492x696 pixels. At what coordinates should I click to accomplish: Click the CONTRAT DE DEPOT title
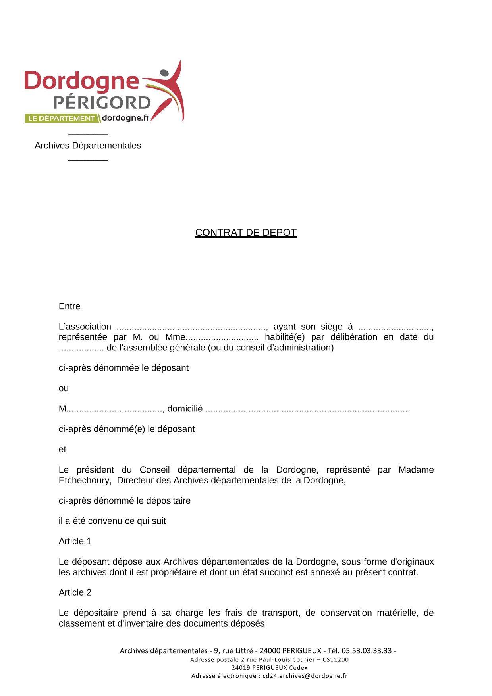click(x=246, y=233)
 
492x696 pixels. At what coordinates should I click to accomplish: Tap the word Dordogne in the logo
click(x=81, y=81)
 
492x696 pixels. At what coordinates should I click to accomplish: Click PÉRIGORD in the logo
click(x=102, y=103)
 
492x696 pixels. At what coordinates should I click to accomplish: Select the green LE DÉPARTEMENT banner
click(x=61, y=118)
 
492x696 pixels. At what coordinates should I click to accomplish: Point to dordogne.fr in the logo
click(x=125, y=118)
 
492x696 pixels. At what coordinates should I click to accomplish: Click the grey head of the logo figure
click(x=164, y=73)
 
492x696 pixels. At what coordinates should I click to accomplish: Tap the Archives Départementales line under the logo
click(x=88, y=146)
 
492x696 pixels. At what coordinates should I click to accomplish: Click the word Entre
click(x=69, y=306)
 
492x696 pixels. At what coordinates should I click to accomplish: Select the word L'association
click(x=85, y=327)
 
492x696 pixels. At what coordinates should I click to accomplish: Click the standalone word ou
click(x=64, y=388)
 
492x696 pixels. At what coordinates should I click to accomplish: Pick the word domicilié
click(x=185, y=409)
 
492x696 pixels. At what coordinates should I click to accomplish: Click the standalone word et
click(x=62, y=450)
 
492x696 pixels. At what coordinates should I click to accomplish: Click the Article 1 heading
click(x=75, y=541)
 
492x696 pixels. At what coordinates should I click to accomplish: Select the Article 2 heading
click(x=75, y=592)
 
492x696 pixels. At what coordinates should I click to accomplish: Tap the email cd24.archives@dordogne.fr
click(x=305, y=676)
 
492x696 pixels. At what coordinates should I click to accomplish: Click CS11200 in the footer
click(x=336, y=659)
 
